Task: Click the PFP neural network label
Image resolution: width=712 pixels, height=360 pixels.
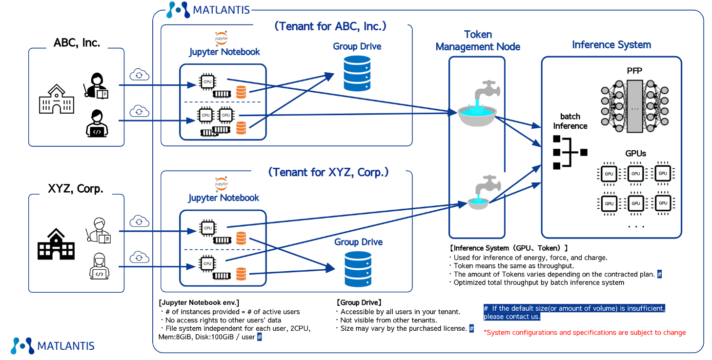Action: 634,71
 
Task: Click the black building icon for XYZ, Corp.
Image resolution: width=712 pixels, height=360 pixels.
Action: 57,244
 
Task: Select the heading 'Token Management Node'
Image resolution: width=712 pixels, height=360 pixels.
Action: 478,40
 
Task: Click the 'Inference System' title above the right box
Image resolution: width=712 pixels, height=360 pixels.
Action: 611,45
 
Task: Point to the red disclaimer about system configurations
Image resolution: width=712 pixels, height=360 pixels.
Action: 585,333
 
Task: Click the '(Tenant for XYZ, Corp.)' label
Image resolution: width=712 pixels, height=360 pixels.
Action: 328,172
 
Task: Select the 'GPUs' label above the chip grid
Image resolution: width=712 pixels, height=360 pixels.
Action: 635,153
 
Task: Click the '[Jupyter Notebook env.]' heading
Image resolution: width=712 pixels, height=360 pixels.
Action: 199,302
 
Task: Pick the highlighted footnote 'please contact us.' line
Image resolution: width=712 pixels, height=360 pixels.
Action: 512,317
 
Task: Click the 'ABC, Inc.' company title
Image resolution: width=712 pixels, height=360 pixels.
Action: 77,42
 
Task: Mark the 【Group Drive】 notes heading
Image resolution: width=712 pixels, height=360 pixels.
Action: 359,302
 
